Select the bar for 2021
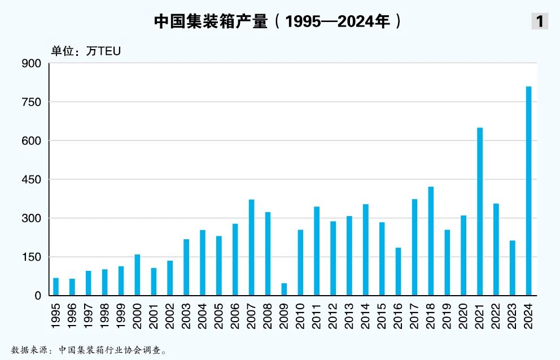tap(480, 212)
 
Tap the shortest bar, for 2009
tap(284, 289)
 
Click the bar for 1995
tap(56, 287)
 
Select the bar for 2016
tap(398, 271)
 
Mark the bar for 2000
tap(137, 275)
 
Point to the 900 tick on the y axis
tap(32, 64)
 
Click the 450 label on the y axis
tap(32, 179)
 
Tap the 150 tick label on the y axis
tap(32, 257)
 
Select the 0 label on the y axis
tap(38, 296)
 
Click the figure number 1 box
tap(539, 21)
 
